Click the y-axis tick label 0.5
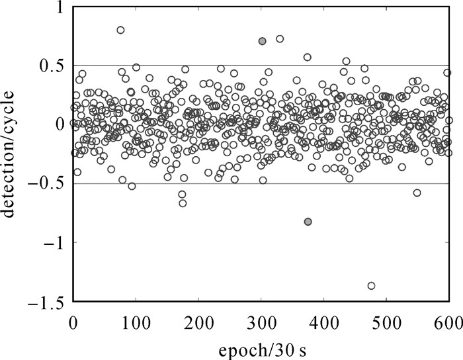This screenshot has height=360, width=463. [x=51, y=66]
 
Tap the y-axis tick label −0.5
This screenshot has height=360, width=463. [x=46, y=184]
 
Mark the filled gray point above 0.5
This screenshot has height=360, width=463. [x=262, y=41]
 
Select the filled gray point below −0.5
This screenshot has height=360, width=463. [x=308, y=222]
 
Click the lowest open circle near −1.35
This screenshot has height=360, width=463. [x=371, y=286]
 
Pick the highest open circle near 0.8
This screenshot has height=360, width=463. [x=120, y=30]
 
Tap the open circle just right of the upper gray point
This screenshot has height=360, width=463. [x=280, y=39]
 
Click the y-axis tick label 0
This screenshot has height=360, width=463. [x=58, y=124]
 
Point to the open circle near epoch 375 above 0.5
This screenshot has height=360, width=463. [x=308, y=58]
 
